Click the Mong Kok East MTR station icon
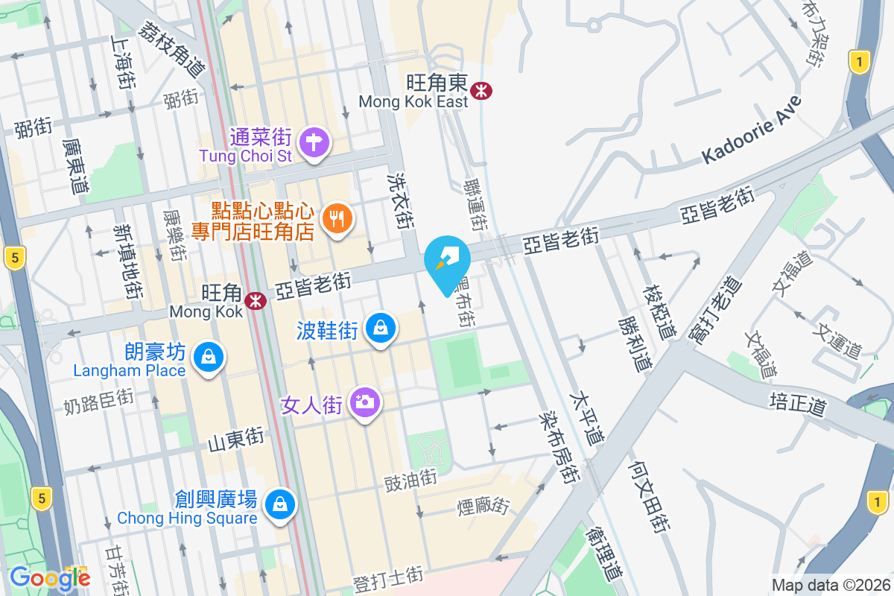point(482,91)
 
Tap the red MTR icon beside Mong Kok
point(256,300)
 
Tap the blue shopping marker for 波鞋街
point(381,327)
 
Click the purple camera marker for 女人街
point(364,403)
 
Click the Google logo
point(50,577)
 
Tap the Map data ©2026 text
point(831,585)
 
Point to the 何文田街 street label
point(645,496)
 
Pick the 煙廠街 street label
point(483,507)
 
